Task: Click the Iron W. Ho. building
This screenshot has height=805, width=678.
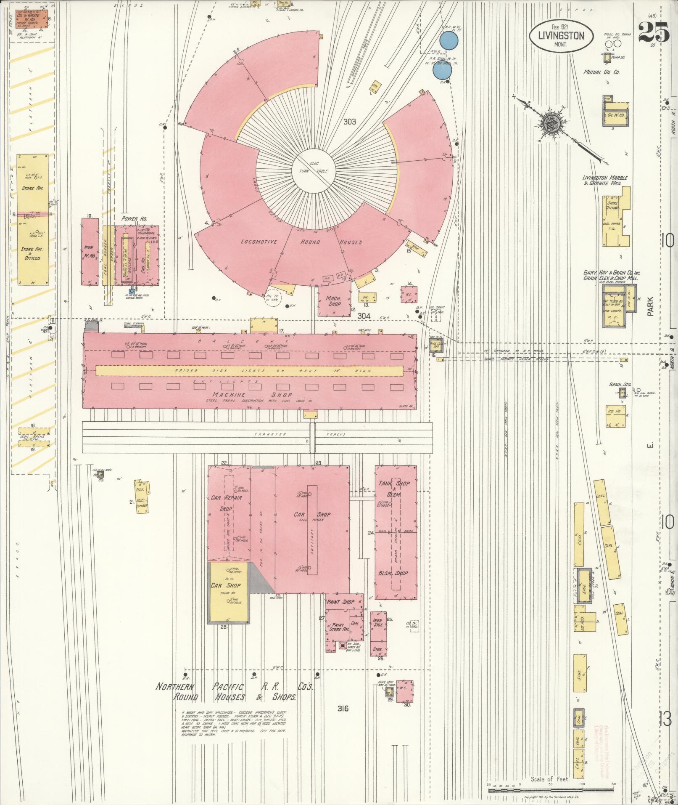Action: [x=90, y=252]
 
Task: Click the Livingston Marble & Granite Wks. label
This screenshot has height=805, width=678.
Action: [x=604, y=181]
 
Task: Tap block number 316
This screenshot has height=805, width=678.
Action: [x=343, y=708]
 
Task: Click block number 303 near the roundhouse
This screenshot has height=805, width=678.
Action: [x=349, y=122]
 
